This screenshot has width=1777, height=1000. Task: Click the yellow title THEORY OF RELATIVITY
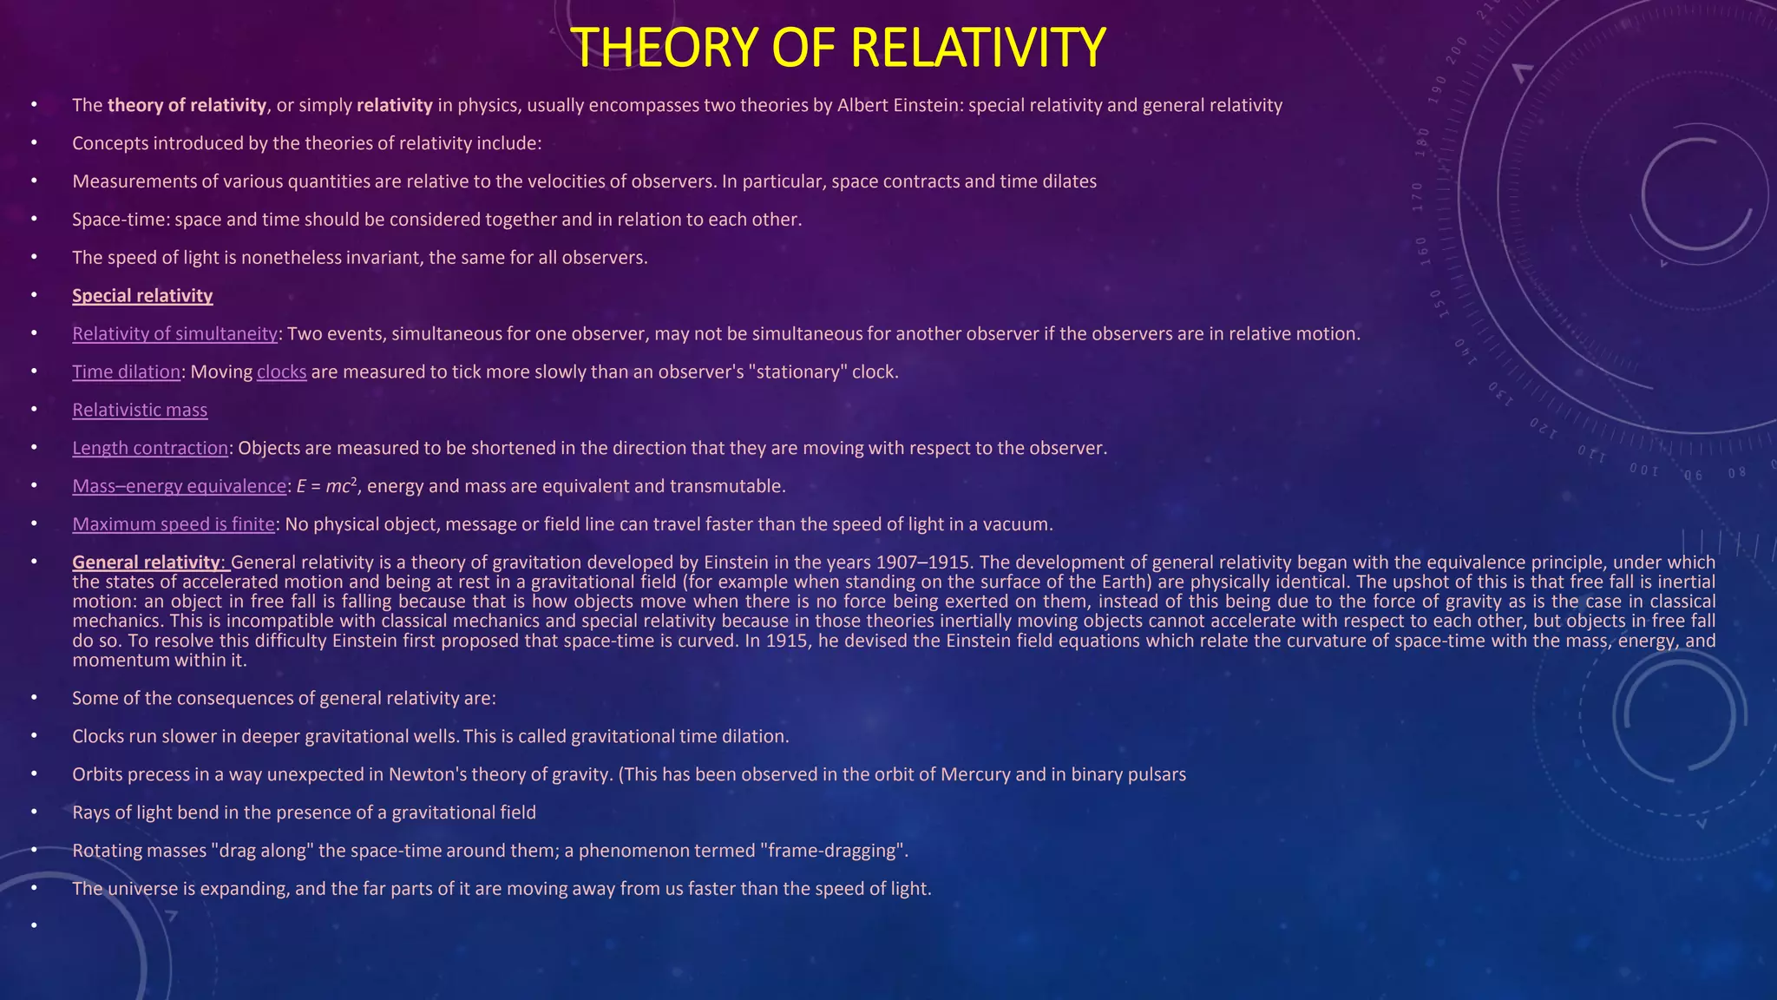pyautogui.click(x=838, y=47)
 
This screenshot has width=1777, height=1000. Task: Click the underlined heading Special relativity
pyautogui.click(x=142, y=296)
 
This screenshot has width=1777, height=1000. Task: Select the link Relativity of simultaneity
pyautogui.click(x=174, y=334)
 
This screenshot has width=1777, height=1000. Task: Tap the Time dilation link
pyautogui.click(x=126, y=372)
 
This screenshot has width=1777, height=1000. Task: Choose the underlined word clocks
pyautogui.click(x=281, y=372)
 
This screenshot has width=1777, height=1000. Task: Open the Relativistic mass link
pyautogui.click(x=140, y=411)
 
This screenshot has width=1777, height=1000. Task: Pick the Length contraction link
pyautogui.click(x=149, y=449)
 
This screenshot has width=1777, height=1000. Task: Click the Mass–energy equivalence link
pyautogui.click(x=179, y=487)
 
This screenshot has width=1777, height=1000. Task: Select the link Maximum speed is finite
pyautogui.click(x=174, y=524)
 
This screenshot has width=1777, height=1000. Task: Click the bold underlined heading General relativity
pyautogui.click(x=146, y=562)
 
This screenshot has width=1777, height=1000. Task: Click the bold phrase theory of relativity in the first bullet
pyautogui.click(x=187, y=106)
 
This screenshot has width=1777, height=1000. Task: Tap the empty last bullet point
pyautogui.click(x=34, y=926)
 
